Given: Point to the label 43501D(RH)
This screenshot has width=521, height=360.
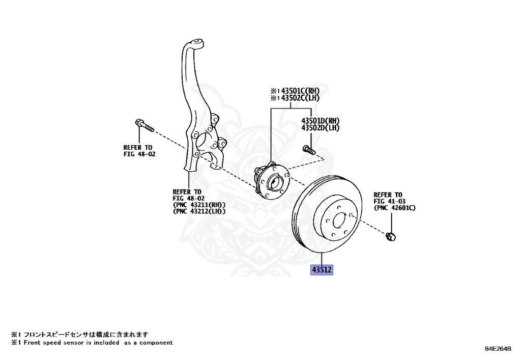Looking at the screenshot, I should [320, 121].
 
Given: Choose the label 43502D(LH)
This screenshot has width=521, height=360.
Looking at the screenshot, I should [320, 128].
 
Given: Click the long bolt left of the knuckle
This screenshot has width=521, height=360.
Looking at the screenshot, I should [144, 125].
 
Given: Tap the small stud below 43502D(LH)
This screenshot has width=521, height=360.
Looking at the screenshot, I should [309, 150].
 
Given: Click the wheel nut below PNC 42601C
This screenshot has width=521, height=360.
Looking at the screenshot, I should [391, 236].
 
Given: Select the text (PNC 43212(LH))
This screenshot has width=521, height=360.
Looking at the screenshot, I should [199, 211].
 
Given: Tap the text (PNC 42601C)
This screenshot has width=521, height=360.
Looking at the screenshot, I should [395, 208].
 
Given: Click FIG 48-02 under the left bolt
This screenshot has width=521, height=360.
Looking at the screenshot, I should [139, 154].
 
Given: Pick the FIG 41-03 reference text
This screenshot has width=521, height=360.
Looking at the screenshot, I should [389, 201].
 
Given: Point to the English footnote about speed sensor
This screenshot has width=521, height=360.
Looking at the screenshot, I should [92, 343].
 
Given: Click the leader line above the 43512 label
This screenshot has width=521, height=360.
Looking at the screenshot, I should [322, 259].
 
